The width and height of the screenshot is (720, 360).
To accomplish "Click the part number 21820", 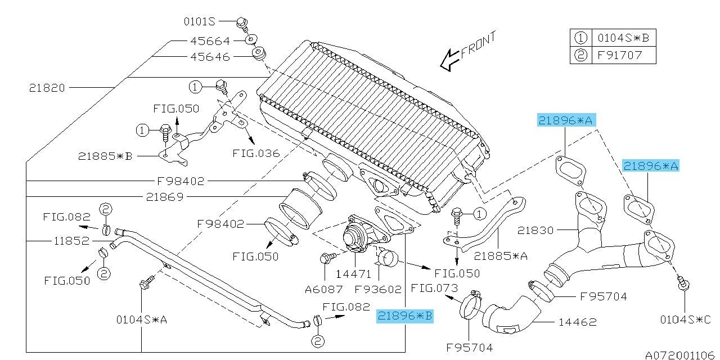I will point(47,88).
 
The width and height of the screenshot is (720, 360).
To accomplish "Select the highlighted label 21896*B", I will point(405,316).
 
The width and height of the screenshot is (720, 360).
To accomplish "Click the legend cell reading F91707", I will point(618,55).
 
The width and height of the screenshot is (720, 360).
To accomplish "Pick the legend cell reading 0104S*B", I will point(623,38).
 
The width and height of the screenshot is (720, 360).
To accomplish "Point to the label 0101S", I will point(200,22).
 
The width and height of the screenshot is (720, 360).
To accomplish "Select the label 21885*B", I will point(105,156).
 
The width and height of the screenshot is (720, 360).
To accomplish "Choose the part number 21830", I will point(536,230).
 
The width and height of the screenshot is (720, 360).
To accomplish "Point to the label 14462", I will point(578,322).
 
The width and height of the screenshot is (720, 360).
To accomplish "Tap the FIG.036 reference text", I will point(256,152).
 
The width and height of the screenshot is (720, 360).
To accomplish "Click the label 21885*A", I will point(501,256).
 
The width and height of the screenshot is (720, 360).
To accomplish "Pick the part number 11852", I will point(71,241).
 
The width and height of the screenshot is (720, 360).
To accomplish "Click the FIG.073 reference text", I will point(434,289).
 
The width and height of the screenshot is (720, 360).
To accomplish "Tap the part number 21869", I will point(164,197).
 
